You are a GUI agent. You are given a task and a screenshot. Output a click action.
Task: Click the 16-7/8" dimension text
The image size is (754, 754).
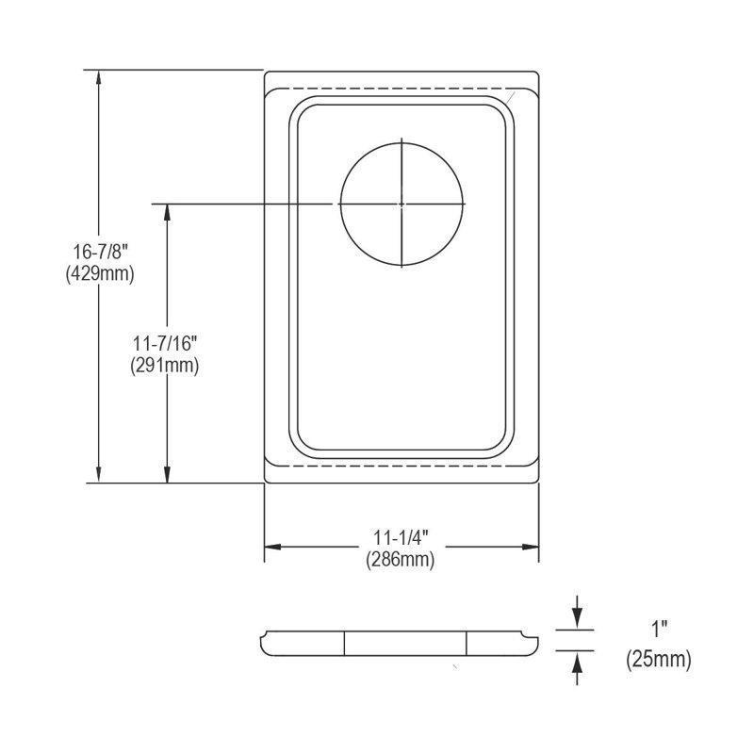[100, 251]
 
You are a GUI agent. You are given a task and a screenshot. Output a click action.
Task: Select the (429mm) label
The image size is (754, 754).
[100, 273]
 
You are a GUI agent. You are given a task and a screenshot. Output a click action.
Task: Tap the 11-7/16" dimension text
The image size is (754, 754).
[165, 343]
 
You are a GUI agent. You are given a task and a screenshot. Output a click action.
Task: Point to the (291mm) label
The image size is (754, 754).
[164, 366]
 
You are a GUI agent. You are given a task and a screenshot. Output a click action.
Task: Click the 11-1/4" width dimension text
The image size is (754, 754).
[401, 537]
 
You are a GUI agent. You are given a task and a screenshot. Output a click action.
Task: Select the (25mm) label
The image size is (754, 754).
[658, 659]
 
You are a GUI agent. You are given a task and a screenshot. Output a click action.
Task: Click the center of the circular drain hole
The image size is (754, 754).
[402, 204]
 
